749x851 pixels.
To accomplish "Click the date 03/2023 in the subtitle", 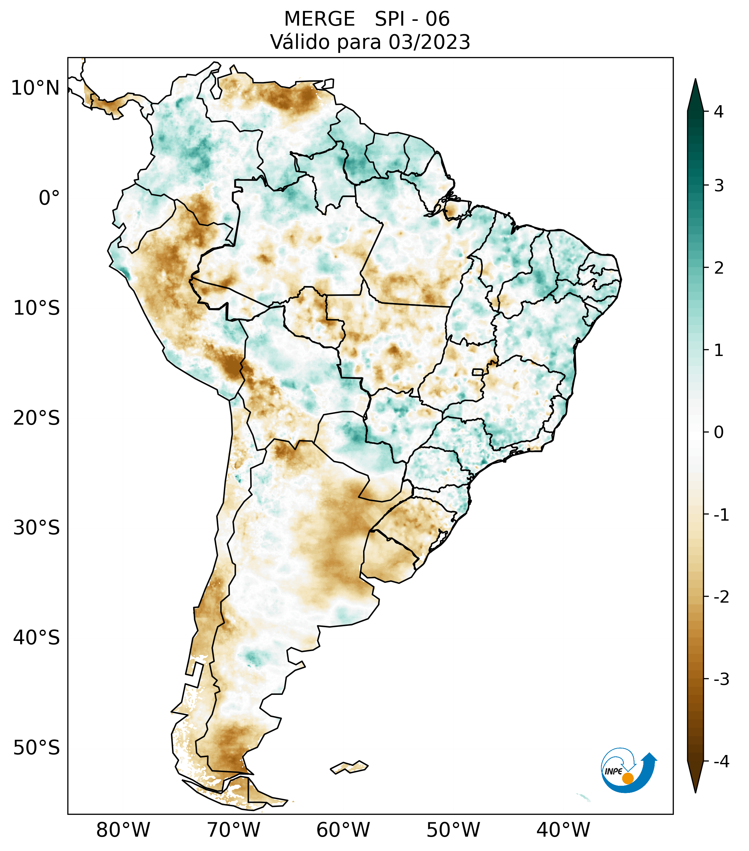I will click(x=429, y=42).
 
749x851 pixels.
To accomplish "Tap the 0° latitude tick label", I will click(x=49, y=198).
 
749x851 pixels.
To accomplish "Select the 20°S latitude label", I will click(x=37, y=418).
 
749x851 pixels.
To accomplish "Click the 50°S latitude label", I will click(x=37, y=748).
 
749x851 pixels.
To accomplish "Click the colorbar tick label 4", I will click(x=719, y=112).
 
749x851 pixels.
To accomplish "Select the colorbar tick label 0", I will click(x=719, y=433).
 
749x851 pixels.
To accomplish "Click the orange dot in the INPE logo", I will click(x=627, y=778).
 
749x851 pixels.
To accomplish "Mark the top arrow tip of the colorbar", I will click(x=695, y=80).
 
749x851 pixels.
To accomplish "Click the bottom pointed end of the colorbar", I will click(x=695, y=792).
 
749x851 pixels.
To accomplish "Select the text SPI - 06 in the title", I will click(x=412, y=19).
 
